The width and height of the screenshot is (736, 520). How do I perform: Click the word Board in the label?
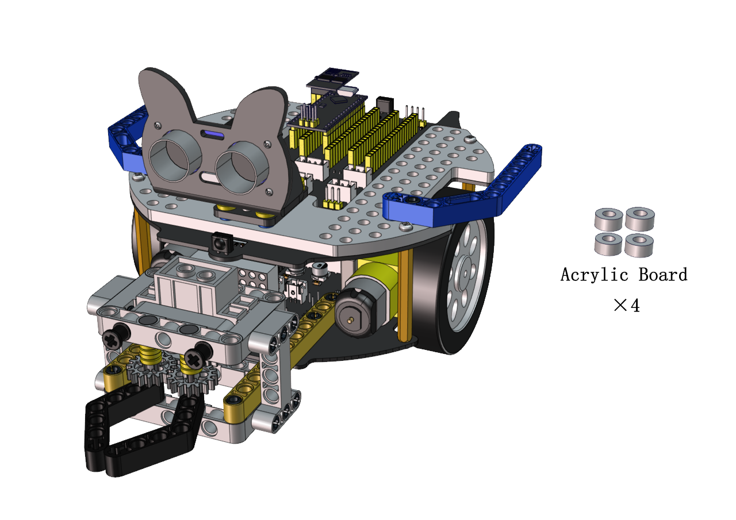[663, 275]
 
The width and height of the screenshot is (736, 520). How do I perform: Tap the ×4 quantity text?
[627, 305]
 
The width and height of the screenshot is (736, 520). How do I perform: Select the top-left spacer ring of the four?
[608, 219]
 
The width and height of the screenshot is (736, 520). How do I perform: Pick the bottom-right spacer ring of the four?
[639, 246]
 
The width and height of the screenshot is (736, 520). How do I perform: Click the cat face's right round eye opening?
[241, 168]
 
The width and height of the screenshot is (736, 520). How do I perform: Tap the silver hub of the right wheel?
[466, 274]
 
